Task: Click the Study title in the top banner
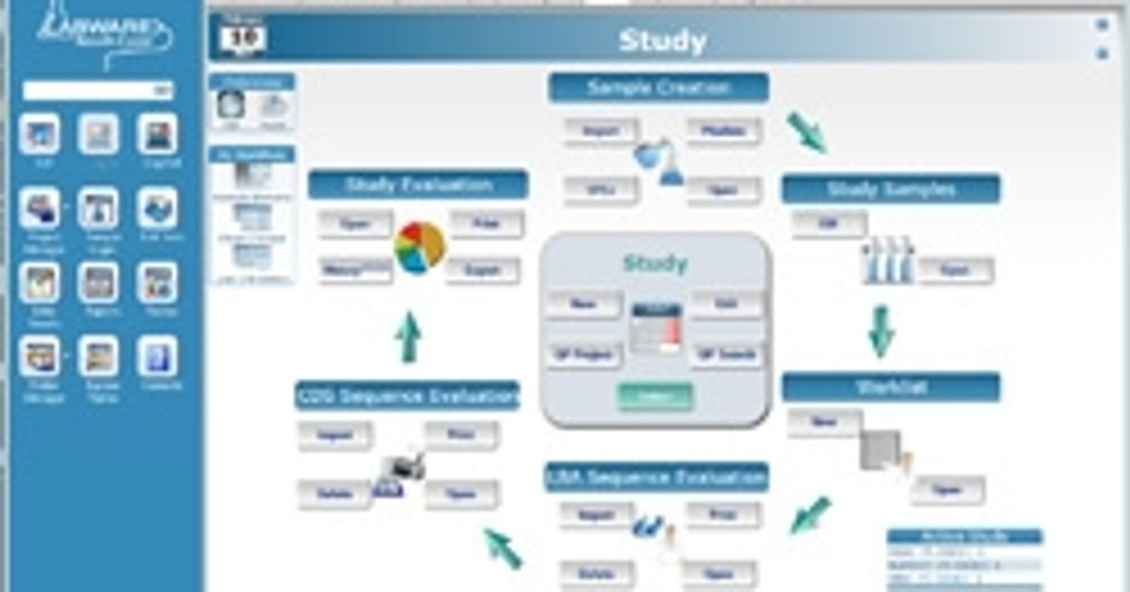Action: (661, 41)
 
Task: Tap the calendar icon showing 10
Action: (244, 37)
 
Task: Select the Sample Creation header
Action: (658, 88)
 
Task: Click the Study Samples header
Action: (890, 189)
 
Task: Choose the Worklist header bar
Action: (891, 387)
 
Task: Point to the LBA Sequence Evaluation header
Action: (656, 477)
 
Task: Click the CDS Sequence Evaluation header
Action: (407, 396)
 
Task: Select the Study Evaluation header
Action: (418, 184)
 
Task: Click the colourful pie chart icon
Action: (419, 247)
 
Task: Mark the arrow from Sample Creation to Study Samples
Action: (806, 133)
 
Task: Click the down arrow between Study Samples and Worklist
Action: (880, 331)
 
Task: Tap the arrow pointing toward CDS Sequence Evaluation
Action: (503, 548)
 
